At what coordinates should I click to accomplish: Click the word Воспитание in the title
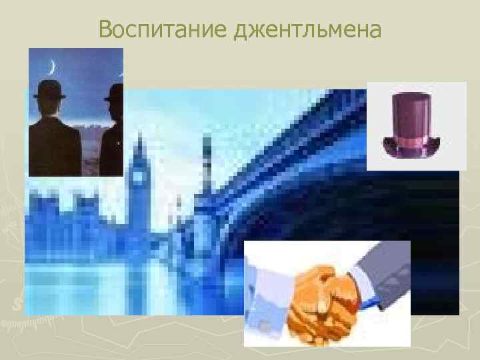(163, 29)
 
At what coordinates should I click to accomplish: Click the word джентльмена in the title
(309, 31)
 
